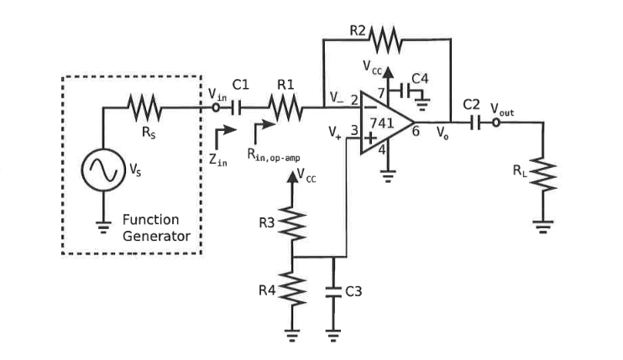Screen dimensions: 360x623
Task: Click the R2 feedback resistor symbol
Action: click(386, 39)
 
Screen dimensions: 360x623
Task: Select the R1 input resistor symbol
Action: click(285, 107)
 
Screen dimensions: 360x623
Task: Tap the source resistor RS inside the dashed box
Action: click(144, 107)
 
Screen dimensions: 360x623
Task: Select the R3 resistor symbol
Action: click(293, 222)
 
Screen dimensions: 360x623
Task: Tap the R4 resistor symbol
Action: click(293, 290)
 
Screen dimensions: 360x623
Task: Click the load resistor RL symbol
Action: click(544, 175)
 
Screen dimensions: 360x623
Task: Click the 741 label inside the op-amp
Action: click(383, 123)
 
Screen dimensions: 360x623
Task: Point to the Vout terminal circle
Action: click(496, 123)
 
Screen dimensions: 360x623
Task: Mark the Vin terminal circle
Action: click(216, 107)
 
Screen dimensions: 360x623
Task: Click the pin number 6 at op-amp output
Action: click(416, 132)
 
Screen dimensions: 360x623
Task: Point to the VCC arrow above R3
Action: click(293, 176)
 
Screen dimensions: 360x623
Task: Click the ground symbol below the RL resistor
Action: click(544, 225)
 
